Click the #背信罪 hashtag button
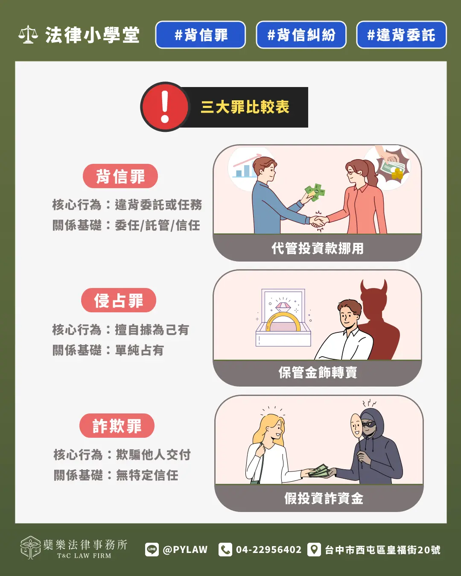(200, 35)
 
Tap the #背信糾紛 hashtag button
(301, 35)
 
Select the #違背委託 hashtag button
(401, 35)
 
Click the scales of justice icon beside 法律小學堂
(28, 35)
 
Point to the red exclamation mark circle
(165, 107)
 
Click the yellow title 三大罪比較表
(245, 107)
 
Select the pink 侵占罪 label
(118, 300)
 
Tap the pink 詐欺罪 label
(117, 426)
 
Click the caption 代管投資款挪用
(318, 248)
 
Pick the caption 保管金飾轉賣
(318, 372)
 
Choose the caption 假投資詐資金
(324, 498)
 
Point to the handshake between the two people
(318, 221)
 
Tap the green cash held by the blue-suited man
(315, 192)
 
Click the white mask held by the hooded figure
(356, 425)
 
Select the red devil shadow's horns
(373, 287)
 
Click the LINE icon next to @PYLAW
(152, 550)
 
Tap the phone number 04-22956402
(268, 550)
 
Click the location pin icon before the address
(314, 550)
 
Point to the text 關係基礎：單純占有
(108, 350)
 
